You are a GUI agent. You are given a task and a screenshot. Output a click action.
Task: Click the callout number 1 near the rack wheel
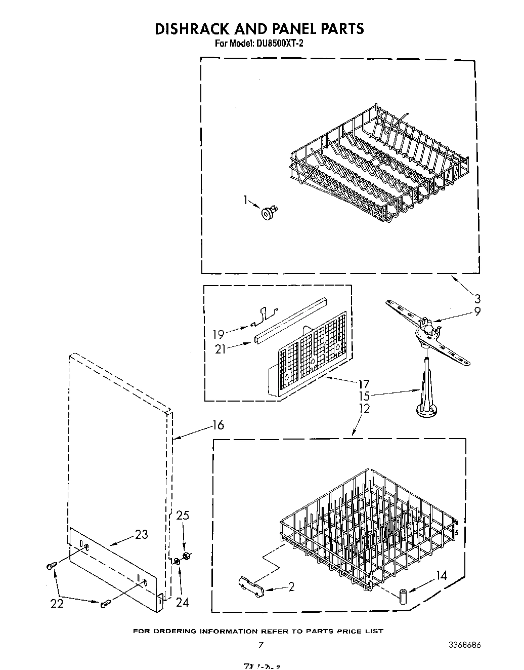[246, 201]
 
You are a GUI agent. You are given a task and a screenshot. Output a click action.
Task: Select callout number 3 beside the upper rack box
[477, 299]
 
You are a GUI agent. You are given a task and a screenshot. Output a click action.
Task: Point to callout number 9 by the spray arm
[477, 312]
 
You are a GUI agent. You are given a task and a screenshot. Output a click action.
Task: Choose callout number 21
[220, 349]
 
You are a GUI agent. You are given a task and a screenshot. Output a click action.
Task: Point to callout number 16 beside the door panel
[217, 425]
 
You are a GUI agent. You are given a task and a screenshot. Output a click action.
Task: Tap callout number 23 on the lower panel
[142, 534]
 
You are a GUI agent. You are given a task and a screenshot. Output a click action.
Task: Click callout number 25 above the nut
[183, 516]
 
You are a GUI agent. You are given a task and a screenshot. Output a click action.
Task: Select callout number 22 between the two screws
[57, 603]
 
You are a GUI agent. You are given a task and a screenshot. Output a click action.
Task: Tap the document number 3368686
[464, 645]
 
